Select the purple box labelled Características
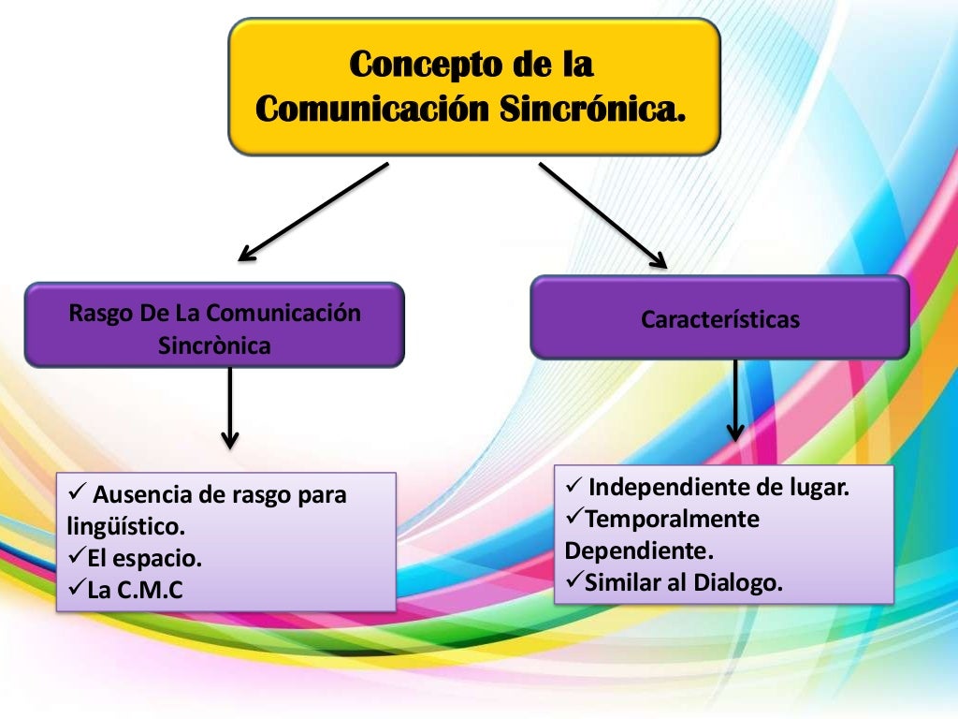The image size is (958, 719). (x=719, y=318)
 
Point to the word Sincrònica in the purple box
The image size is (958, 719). (x=214, y=345)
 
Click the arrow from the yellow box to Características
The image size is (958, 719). (x=602, y=215)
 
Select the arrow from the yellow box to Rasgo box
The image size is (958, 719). (x=313, y=212)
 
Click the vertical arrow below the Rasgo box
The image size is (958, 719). (x=230, y=407)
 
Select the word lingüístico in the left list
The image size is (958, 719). (x=126, y=526)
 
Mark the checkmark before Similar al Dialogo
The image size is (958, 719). (x=574, y=581)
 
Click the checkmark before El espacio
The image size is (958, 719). (x=78, y=558)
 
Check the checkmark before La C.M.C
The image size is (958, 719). (x=78, y=589)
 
